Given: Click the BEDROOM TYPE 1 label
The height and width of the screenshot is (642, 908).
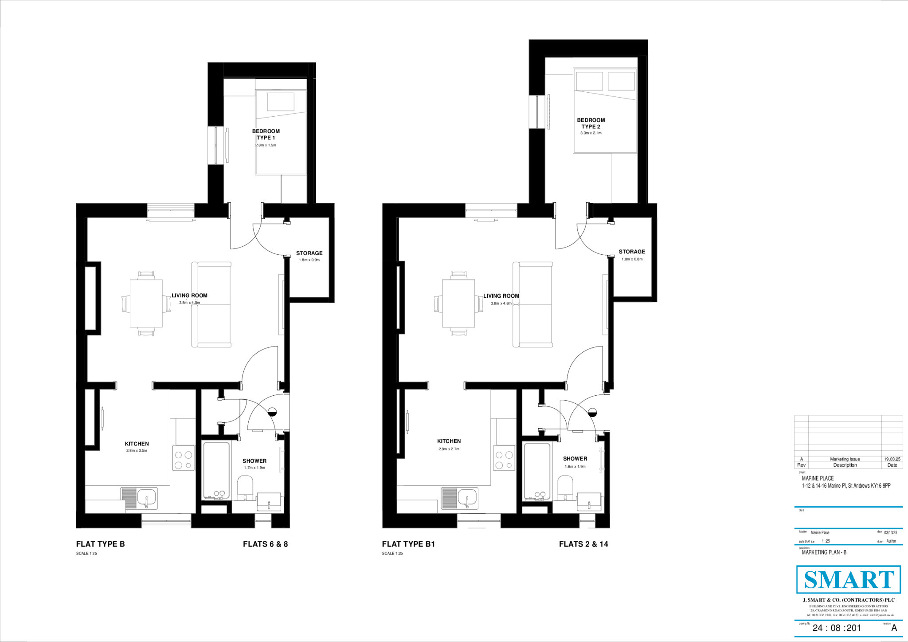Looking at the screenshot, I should [266, 134].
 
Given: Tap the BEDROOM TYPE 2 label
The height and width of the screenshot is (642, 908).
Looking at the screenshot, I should [591, 123].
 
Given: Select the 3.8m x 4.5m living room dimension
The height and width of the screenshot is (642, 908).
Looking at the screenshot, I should [189, 303].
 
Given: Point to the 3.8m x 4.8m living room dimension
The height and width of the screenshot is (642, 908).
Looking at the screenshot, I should [501, 303].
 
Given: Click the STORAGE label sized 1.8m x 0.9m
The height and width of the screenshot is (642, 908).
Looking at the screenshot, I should [309, 253].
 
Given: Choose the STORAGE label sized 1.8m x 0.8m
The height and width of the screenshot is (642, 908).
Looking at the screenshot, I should [632, 252].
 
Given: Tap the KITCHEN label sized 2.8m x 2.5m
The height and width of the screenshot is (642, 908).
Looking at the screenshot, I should [137, 444].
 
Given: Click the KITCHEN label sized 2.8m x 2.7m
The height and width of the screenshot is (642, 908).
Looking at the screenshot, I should [449, 441].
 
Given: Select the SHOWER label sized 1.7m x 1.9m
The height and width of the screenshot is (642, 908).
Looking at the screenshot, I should [254, 461].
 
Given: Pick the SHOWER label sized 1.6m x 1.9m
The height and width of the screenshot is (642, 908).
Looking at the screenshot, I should [575, 459].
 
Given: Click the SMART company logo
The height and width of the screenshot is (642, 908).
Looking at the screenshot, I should [849, 579].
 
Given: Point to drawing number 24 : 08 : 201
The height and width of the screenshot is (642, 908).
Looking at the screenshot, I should [837, 628].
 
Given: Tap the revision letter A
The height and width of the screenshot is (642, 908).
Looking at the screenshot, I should [894, 628].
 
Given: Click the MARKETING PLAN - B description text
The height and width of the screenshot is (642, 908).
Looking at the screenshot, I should [824, 552].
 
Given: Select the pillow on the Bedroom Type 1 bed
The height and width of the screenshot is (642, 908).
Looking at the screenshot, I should [281, 102].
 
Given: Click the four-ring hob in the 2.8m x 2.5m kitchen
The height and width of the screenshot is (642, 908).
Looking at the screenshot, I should [183, 460].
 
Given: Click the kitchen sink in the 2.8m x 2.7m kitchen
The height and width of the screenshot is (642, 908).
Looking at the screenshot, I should [467, 498].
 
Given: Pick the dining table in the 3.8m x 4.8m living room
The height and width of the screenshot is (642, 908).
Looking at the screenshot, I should [458, 303].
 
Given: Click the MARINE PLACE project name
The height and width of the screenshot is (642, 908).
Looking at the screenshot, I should [818, 478].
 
